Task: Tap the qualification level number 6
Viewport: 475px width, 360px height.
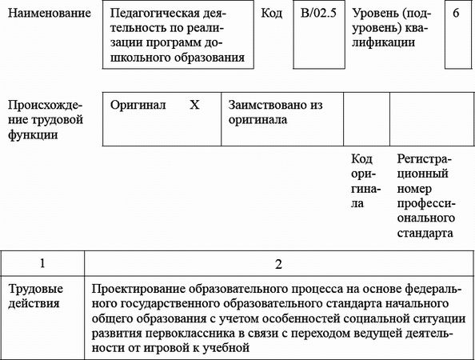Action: (x=455, y=14)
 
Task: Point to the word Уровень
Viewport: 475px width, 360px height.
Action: (x=375, y=14)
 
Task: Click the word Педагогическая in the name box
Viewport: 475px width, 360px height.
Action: (x=157, y=14)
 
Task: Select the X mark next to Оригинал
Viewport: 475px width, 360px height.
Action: (x=194, y=105)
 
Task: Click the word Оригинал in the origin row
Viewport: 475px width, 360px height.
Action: (x=138, y=105)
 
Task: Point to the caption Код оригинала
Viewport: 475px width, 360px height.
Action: (x=363, y=181)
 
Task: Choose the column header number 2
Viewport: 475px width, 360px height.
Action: (x=277, y=263)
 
